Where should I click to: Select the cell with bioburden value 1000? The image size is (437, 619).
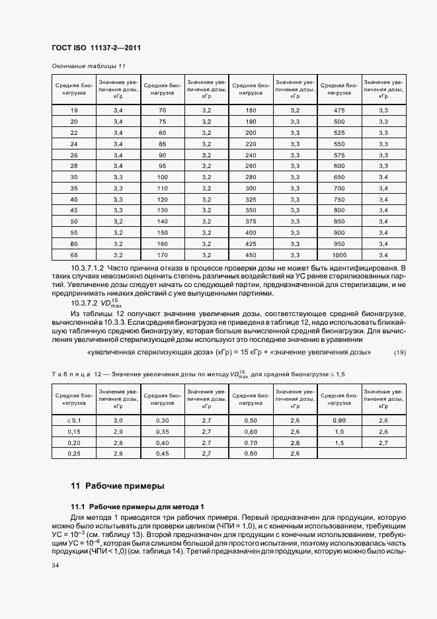point(339,255)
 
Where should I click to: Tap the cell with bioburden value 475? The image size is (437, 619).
point(339,110)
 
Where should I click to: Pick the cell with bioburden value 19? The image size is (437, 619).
point(74,110)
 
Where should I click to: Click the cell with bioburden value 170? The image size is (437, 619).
point(162,255)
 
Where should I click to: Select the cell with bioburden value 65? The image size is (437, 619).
point(74,255)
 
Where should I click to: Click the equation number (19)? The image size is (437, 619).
point(399,352)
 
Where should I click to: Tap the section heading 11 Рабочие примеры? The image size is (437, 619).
point(117,486)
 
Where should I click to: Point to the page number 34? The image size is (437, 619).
point(56,565)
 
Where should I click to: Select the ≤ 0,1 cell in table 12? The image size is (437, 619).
point(74,421)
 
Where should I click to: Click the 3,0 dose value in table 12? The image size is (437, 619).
point(118,421)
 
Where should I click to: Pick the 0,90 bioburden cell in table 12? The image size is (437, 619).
point(339,421)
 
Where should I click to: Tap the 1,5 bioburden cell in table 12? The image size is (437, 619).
point(339,442)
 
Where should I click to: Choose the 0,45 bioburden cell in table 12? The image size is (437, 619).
point(162,454)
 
